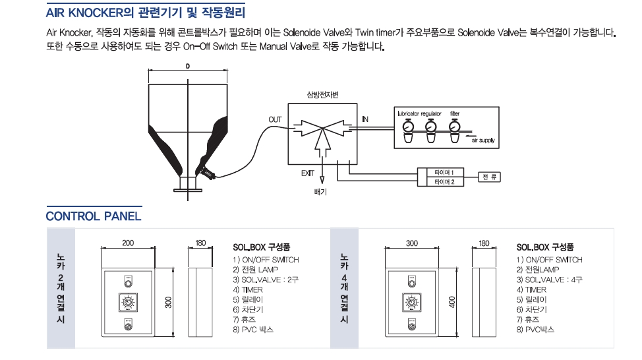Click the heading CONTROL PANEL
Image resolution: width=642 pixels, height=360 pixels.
click(x=94, y=216)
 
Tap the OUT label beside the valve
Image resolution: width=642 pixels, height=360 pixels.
click(x=275, y=119)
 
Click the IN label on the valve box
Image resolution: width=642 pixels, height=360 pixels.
click(x=365, y=119)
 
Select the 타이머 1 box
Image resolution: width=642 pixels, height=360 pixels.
click(x=440, y=173)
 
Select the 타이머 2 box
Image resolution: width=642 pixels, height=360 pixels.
click(x=440, y=181)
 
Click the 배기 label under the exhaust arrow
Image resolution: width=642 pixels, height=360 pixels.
click(x=321, y=193)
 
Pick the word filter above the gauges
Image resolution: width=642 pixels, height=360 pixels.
click(x=455, y=113)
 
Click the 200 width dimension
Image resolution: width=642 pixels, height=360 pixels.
click(x=128, y=243)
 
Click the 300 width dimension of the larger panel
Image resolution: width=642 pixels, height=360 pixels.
click(x=412, y=243)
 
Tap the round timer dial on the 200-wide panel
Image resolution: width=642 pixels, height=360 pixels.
click(x=127, y=303)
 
